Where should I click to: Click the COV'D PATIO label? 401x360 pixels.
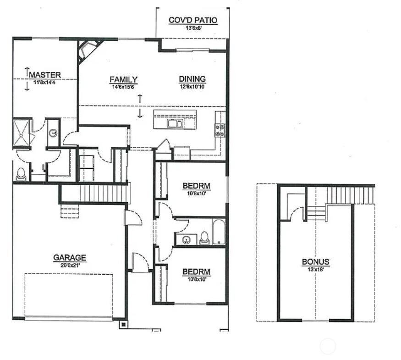pyautogui.click(x=193, y=20)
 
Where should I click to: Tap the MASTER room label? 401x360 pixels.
pyautogui.click(x=45, y=75)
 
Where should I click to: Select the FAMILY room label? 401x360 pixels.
pyautogui.click(x=124, y=80)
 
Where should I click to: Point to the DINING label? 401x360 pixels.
pyautogui.click(x=192, y=79)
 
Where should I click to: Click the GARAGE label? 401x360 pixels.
pyautogui.click(x=70, y=257)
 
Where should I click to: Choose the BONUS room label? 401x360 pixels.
pyautogui.click(x=316, y=262)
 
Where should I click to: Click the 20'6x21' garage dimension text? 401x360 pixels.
pyautogui.click(x=70, y=266)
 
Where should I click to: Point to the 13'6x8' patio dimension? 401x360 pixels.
pyautogui.click(x=193, y=28)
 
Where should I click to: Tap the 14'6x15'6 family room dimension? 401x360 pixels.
pyautogui.click(x=123, y=87)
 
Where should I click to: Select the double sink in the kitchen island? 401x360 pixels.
pyautogui.click(x=175, y=123)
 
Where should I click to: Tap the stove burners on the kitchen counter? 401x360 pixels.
pyautogui.click(x=220, y=130)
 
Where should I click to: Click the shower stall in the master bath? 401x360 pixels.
pyautogui.click(x=22, y=133)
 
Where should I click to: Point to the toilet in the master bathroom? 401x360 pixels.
pyautogui.click(x=21, y=174)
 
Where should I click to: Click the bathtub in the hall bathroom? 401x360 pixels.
pyautogui.click(x=219, y=232)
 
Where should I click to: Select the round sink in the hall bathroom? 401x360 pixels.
pyautogui.click(x=186, y=240)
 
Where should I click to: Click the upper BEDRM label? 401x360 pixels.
pyautogui.click(x=197, y=186)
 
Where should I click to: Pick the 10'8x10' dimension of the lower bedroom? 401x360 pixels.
pyautogui.click(x=197, y=279)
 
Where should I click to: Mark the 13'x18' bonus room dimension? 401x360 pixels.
pyautogui.click(x=316, y=269)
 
